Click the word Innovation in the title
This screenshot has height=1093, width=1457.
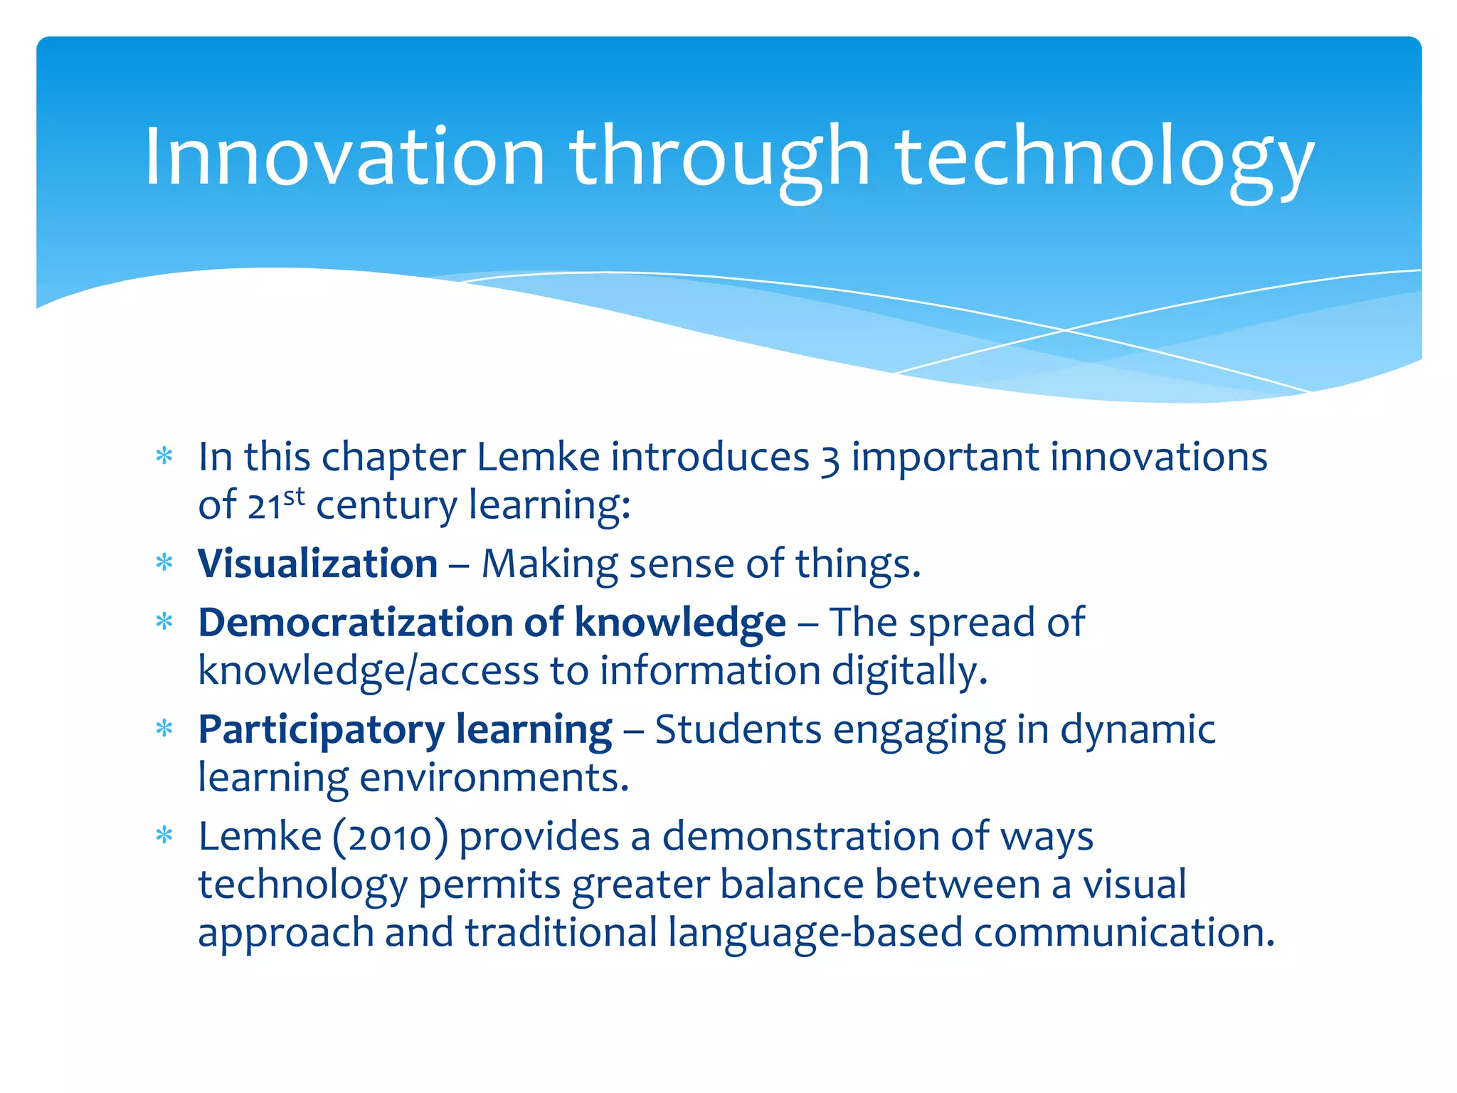344,156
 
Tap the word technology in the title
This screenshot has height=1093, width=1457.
1104,159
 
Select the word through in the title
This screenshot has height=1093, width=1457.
719,159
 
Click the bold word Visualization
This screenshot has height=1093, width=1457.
317,564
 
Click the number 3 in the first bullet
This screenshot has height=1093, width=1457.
830,458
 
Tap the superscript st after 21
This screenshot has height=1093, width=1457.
294,496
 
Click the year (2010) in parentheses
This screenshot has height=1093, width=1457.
391,837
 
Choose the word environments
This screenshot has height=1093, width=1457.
494,778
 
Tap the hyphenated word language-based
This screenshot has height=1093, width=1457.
815,934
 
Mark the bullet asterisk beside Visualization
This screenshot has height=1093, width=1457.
164,563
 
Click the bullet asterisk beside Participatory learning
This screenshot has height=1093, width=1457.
164,729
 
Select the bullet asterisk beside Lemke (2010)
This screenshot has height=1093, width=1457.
164,835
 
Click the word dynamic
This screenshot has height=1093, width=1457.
1138,731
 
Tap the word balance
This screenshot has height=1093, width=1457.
791,885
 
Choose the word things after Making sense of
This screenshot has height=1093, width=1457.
857,565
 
